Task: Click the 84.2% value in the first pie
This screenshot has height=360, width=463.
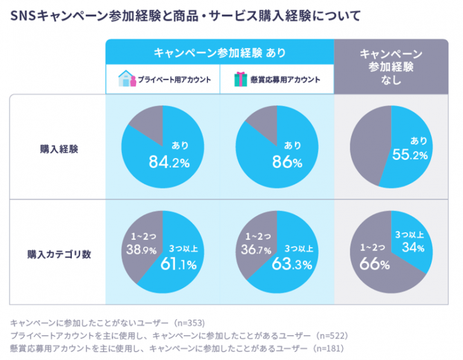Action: coord(169,162)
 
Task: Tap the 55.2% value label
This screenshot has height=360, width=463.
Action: coord(411,156)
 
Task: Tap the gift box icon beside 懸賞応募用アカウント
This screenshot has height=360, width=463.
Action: coord(241,80)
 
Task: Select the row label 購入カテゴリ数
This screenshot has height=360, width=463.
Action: coord(58,254)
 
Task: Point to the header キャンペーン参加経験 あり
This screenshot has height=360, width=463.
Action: coord(219,53)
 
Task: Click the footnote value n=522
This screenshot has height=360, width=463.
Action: coord(332,335)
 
